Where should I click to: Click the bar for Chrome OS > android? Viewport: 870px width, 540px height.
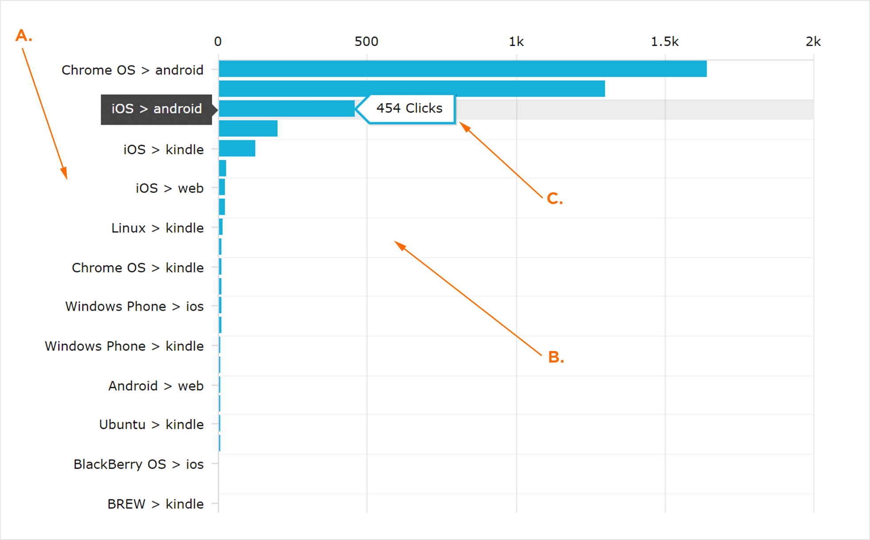462,69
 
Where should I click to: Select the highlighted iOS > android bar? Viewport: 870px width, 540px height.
287,109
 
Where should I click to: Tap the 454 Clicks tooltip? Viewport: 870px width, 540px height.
409,109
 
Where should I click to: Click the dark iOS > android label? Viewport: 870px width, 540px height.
156,109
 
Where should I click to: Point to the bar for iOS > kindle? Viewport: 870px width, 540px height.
237,148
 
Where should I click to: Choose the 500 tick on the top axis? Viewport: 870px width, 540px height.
366,42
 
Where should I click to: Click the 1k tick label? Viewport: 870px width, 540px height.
516,42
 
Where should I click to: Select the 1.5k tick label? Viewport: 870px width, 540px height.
664,42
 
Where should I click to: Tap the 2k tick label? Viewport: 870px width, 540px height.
813,42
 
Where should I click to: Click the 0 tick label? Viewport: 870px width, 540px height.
217,42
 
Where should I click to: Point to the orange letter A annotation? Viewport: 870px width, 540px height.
23,36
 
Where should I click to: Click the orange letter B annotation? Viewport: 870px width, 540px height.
556,357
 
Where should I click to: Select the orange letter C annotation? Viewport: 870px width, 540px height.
555,198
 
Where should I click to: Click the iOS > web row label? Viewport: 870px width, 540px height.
170,188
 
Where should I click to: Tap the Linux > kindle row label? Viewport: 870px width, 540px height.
157,228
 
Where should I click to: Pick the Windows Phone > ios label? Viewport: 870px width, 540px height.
134,307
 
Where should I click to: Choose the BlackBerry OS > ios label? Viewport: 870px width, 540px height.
138,464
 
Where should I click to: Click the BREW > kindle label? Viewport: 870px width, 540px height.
155,504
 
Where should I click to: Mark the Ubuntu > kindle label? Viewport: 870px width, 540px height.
151,424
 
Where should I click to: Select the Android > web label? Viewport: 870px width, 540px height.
156,386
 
